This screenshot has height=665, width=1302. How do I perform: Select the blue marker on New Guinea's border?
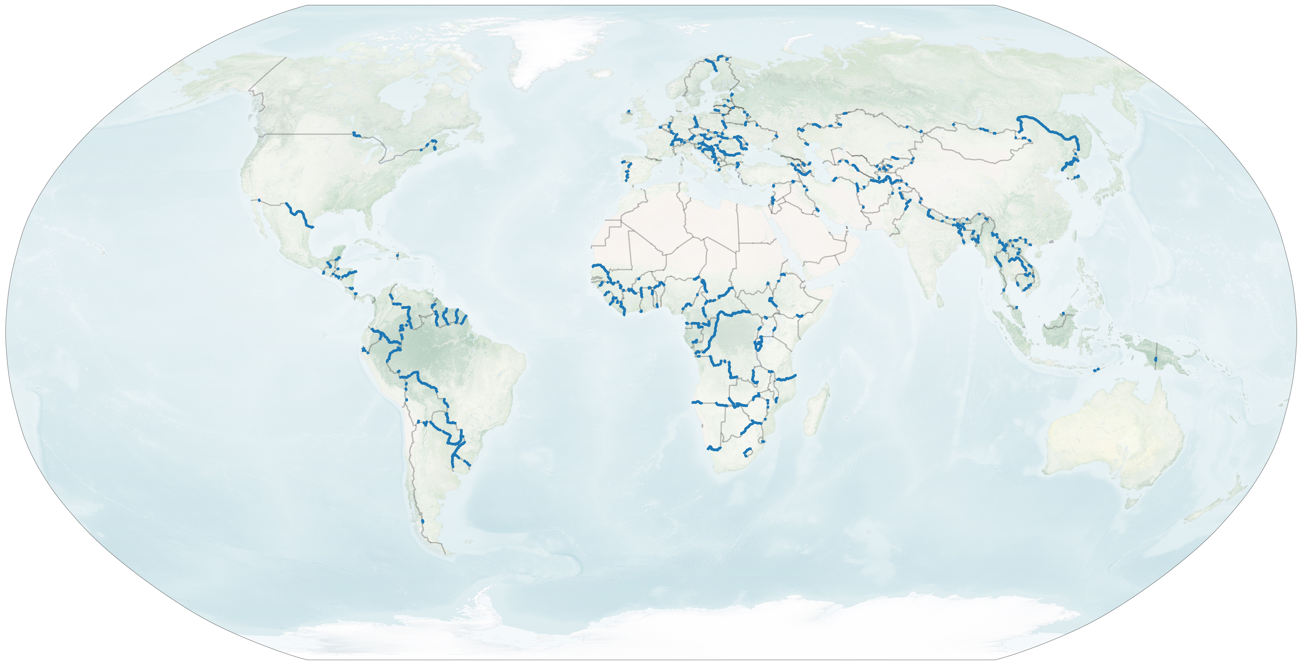[x=1156, y=359]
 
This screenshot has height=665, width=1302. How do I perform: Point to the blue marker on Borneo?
[x=1063, y=314]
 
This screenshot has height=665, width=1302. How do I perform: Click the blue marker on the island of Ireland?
[x=629, y=111]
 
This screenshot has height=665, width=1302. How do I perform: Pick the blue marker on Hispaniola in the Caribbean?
[x=398, y=255]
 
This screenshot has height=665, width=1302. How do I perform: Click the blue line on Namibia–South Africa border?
[x=714, y=448]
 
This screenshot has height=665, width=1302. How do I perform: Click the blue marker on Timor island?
[x=1096, y=370]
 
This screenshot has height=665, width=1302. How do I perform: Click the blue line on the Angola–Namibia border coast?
[x=697, y=402]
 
